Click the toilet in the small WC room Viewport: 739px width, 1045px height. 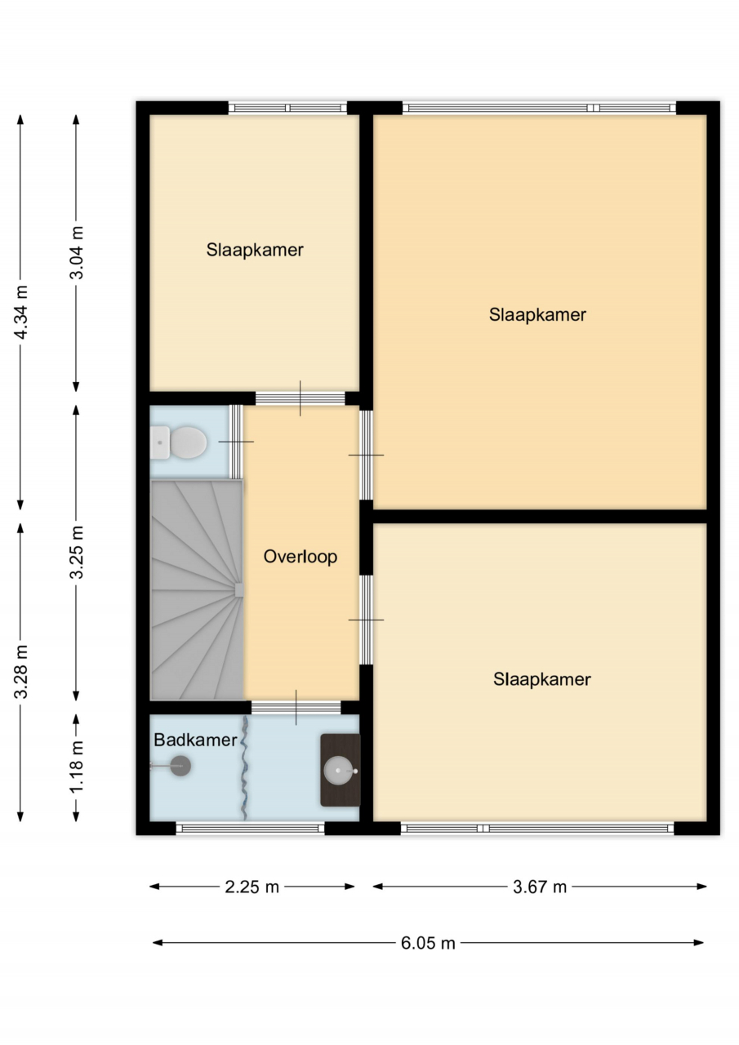(x=179, y=442)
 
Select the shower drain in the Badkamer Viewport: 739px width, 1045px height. (x=180, y=766)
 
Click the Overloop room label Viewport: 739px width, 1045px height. (x=300, y=557)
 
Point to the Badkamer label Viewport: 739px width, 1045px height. (x=195, y=740)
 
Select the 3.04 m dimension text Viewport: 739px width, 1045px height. (x=77, y=252)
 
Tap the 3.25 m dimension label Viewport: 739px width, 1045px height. (x=77, y=553)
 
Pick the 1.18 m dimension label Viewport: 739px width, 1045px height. (x=77, y=767)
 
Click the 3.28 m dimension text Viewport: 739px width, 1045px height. (x=22, y=672)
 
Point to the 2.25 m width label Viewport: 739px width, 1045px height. (x=252, y=887)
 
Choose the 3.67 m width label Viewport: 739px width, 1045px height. (x=540, y=887)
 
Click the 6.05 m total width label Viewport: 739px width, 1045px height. (x=428, y=943)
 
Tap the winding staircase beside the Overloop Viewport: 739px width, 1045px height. (x=197, y=590)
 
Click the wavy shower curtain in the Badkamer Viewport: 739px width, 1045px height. (x=244, y=768)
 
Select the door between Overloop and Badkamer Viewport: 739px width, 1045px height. (x=296, y=707)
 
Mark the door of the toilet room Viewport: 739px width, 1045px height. (x=237, y=442)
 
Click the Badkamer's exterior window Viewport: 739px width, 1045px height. (x=250, y=828)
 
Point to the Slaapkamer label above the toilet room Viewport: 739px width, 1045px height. (x=255, y=250)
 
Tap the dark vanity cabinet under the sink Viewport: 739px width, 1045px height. (x=341, y=770)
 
